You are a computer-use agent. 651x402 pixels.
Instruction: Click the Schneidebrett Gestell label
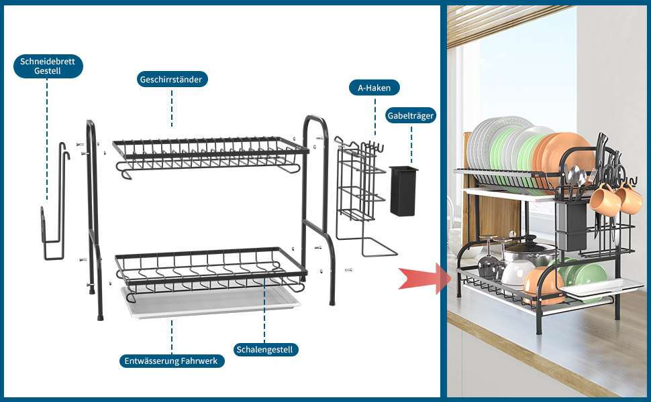click(48, 66)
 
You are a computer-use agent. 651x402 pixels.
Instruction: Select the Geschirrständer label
click(171, 79)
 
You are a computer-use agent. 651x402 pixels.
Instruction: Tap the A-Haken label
click(374, 88)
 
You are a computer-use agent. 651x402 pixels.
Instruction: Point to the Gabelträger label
click(411, 115)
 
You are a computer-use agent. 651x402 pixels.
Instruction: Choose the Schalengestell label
click(266, 349)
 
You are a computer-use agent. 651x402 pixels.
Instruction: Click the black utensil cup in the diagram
click(403, 190)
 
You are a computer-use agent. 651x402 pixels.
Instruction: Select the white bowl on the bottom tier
click(517, 273)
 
